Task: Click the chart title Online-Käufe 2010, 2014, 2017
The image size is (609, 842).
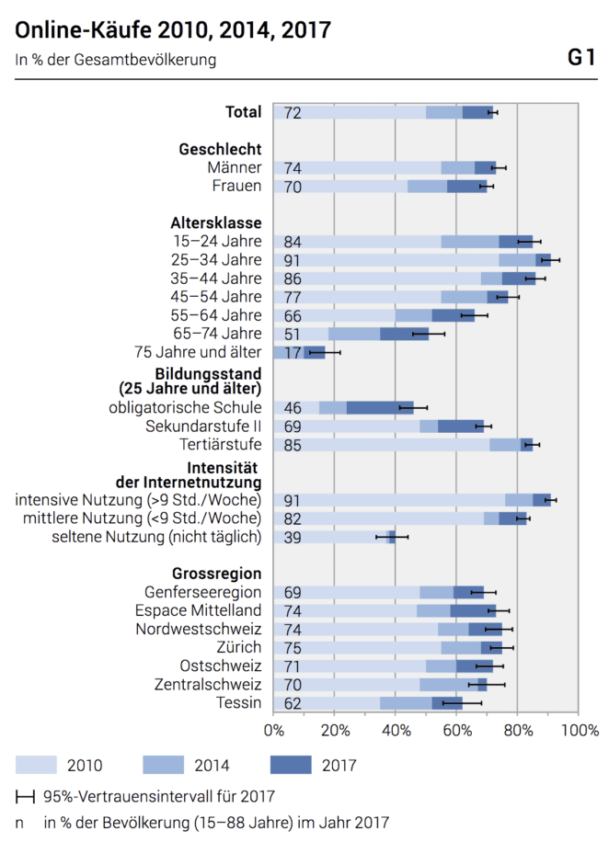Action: pos(173,31)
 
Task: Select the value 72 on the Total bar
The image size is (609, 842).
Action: pos(293,113)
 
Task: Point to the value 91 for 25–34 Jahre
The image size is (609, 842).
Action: pos(293,260)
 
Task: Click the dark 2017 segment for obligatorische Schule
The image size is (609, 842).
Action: pos(379,407)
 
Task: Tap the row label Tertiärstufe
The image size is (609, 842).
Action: pos(220,445)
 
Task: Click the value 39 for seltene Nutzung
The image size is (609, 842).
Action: pos(293,537)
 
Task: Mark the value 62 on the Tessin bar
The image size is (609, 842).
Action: pos(293,703)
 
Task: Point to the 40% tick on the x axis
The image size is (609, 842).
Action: pos(395,731)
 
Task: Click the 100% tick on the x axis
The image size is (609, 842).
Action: pos(579,731)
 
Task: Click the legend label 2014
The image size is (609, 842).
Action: pos(213,765)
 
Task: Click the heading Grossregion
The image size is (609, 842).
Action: pos(217,574)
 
